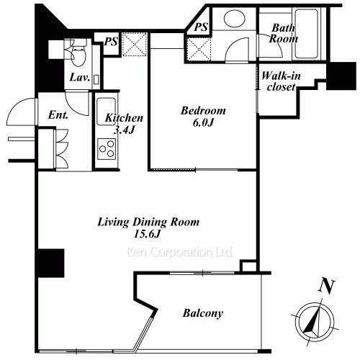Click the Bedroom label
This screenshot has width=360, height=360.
(x=203, y=111)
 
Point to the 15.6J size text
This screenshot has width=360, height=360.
(x=148, y=235)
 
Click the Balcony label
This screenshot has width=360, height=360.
(x=202, y=313)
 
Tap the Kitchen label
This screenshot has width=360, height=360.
(x=124, y=118)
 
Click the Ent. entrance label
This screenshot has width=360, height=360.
(x=58, y=114)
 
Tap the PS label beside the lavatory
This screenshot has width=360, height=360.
(x=111, y=42)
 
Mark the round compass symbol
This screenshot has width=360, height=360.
(x=313, y=319)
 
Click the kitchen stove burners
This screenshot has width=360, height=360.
(x=108, y=150)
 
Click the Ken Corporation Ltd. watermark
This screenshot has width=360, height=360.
(x=180, y=253)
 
